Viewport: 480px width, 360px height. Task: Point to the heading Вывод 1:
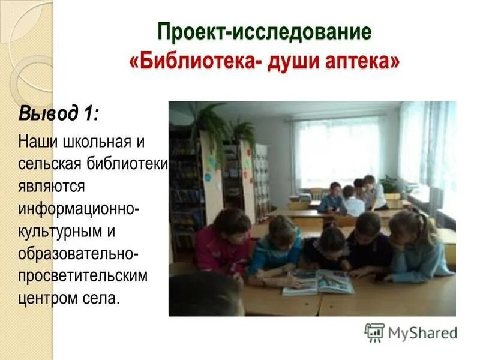[58, 112]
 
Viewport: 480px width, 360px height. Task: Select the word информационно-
[80, 208]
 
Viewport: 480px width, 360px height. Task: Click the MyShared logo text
[422, 332]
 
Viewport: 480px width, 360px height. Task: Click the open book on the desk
[318, 281]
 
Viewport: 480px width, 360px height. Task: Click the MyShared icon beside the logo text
[374, 332]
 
